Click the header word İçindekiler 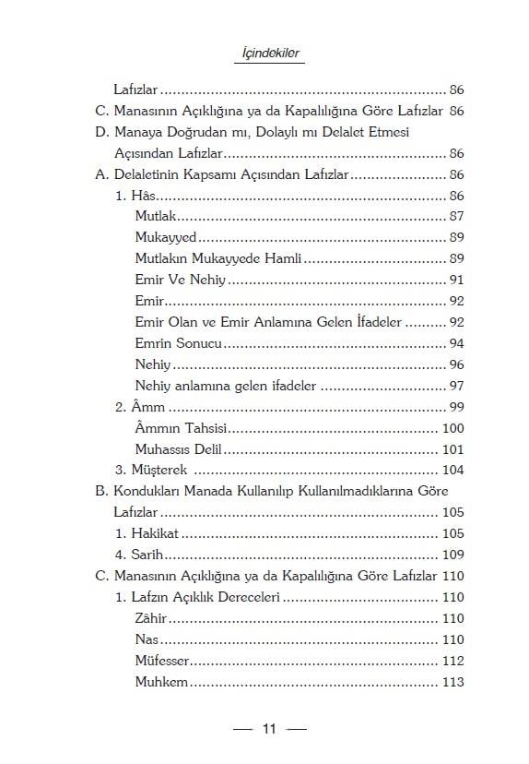266,54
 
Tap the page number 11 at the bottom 269,729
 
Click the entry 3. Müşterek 151,471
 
